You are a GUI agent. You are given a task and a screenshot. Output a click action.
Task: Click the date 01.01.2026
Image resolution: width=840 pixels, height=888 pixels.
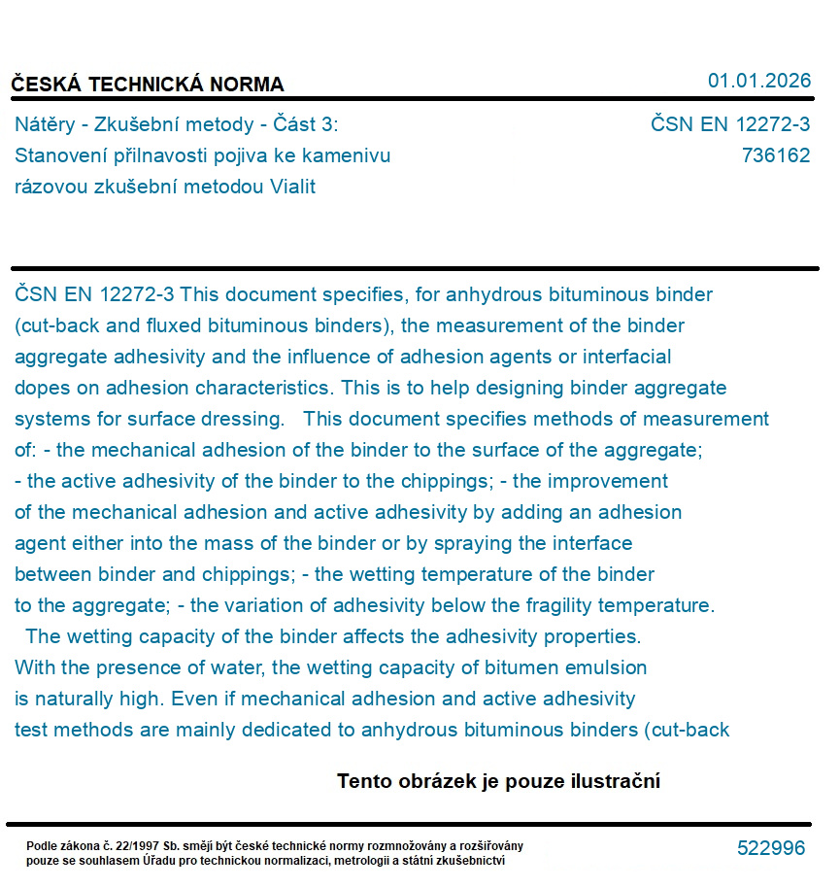point(758,81)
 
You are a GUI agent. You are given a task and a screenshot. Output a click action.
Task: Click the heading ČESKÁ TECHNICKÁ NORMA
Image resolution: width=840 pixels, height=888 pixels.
point(148,85)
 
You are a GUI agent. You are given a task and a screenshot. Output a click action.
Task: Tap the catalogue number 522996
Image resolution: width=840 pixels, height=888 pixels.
point(771,848)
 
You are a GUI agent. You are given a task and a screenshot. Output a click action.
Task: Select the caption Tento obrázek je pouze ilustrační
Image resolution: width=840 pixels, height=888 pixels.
point(498,781)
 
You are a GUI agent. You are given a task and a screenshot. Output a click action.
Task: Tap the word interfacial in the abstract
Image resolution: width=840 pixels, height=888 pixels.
point(622,357)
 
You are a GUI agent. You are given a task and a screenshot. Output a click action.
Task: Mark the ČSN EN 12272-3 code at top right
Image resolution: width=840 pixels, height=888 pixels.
point(730,124)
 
